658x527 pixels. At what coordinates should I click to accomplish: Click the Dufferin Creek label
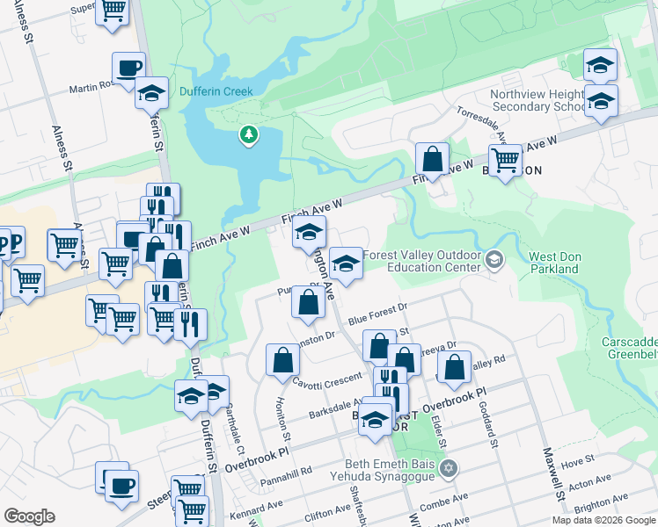(x=216, y=91)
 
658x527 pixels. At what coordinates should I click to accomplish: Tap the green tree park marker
(x=250, y=134)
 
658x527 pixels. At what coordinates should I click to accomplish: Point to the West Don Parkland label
(x=553, y=263)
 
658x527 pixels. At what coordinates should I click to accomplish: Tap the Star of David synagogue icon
(x=450, y=466)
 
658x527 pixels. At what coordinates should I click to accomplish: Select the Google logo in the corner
(x=30, y=516)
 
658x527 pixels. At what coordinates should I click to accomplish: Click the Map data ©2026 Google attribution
(x=603, y=520)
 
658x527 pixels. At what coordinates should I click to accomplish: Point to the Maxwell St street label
(x=553, y=475)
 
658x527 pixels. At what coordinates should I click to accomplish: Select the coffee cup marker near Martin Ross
(x=128, y=69)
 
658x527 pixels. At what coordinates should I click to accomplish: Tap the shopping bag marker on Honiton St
(x=281, y=359)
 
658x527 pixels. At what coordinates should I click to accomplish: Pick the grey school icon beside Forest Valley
(x=494, y=259)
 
